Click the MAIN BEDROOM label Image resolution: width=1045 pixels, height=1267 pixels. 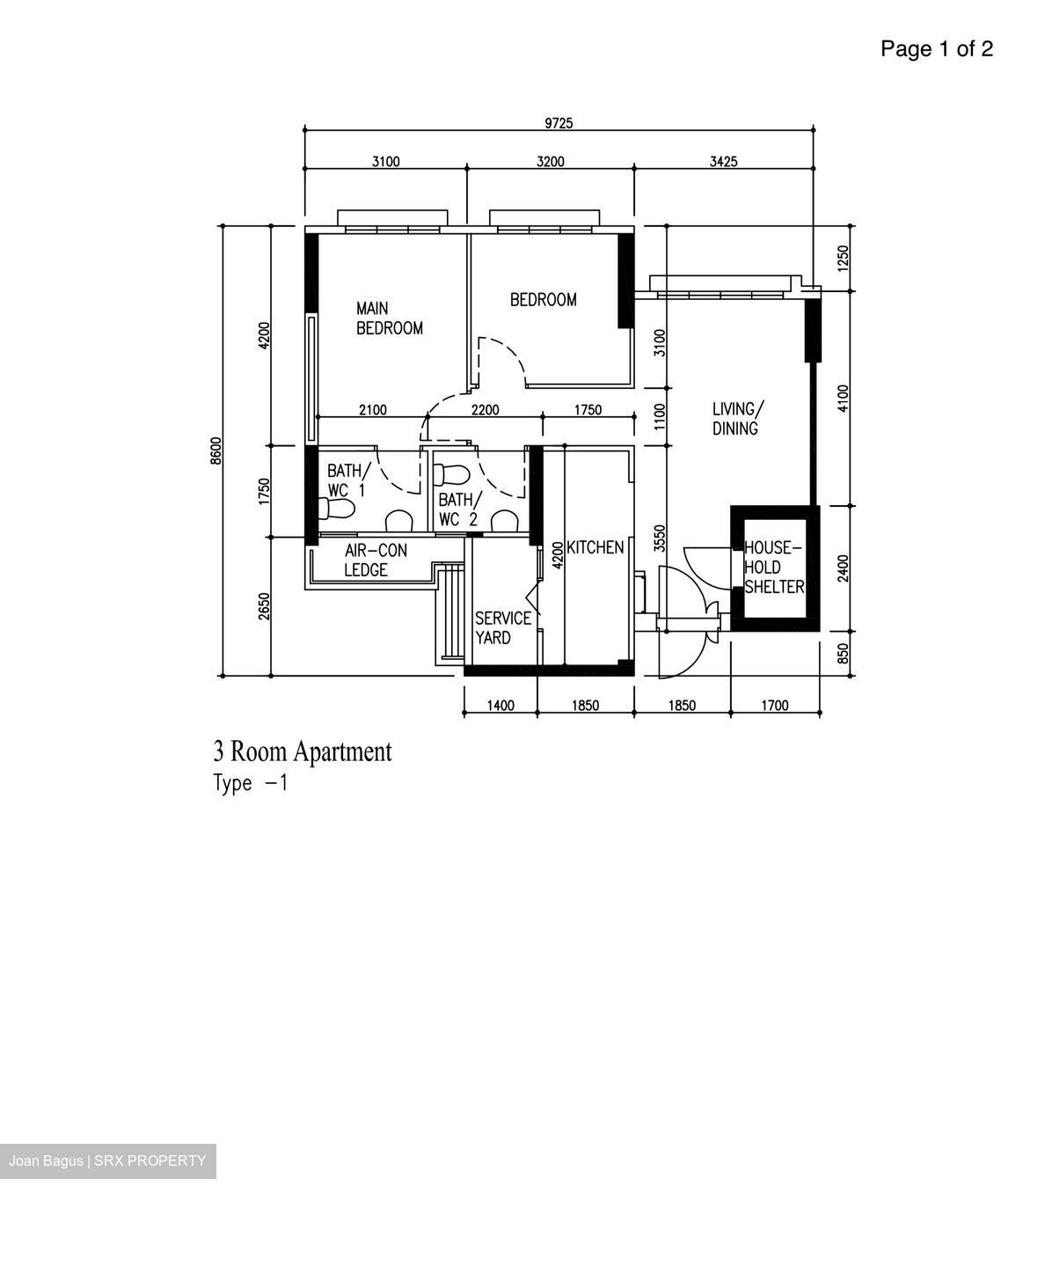click(x=389, y=319)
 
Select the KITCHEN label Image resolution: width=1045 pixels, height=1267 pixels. click(x=595, y=547)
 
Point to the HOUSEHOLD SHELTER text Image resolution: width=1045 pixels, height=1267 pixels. click(x=773, y=568)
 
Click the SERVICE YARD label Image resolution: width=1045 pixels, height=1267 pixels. click(x=502, y=627)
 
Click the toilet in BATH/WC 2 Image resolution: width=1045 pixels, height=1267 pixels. click(x=453, y=474)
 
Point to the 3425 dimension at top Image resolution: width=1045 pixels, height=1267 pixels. click(x=723, y=161)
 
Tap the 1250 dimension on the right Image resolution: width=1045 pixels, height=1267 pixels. click(x=844, y=258)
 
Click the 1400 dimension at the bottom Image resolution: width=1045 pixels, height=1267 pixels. click(x=500, y=706)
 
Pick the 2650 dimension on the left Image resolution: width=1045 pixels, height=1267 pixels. click(x=264, y=606)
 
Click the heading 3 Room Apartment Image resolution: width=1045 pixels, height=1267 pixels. click(x=302, y=751)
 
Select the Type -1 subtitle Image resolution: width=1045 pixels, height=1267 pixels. click(x=251, y=783)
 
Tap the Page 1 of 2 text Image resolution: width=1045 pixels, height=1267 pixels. click(x=936, y=49)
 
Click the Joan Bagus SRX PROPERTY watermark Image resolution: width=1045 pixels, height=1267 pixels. click(x=107, y=1161)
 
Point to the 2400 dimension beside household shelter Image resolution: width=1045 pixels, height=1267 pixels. click(x=844, y=568)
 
